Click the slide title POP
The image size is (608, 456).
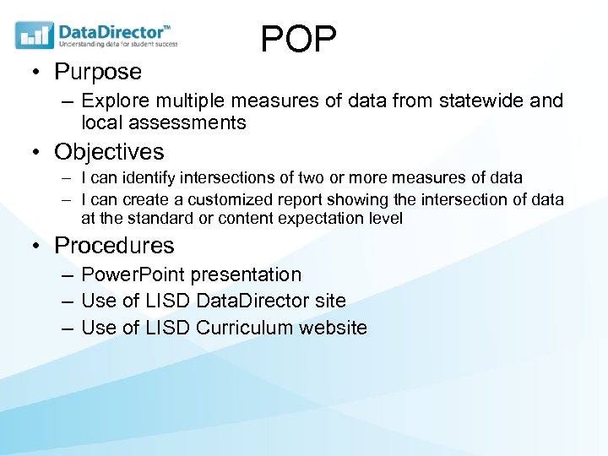pyautogui.click(x=298, y=39)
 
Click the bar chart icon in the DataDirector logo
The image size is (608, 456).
pyautogui.click(x=35, y=35)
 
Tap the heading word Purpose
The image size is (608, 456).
pyautogui.click(x=98, y=72)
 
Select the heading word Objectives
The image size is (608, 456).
pyautogui.click(x=109, y=152)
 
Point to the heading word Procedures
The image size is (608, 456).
pyautogui.click(x=114, y=246)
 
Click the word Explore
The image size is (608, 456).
pyautogui.click(x=114, y=101)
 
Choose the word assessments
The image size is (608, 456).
pyautogui.click(x=187, y=123)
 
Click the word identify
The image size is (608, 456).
pyautogui.click(x=144, y=178)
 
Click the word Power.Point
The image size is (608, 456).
pyautogui.click(x=133, y=275)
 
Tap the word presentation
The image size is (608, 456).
pyautogui.click(x=246, y=275)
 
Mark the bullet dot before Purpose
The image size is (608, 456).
pyautogui.click(x=38, y=73)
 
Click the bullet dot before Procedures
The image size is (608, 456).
pyautogui.click(x=38, y=247)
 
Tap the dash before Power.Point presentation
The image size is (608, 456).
pyautogui.click(x=67, y=275)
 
